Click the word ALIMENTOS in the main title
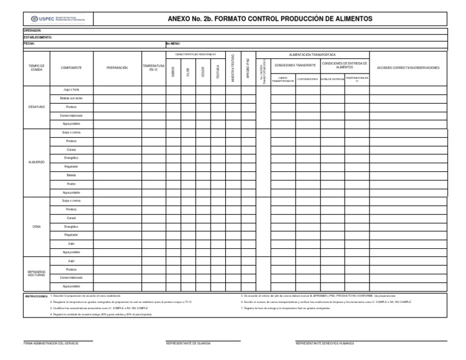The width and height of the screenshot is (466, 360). click(x=349, y=19)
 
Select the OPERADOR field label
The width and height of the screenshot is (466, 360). click(x=32, y=30)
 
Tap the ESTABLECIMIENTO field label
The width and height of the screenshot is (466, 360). click(x=38, y=37)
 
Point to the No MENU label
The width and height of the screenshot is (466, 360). click(x=173, y=44)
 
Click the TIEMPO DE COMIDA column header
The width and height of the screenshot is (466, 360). click(x=36, y=68)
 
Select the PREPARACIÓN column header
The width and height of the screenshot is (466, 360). click(x=117, y=68)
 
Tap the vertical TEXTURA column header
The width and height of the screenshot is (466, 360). click(x=218, y=72)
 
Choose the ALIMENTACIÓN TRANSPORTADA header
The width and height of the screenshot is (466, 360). click(x=312, y=55)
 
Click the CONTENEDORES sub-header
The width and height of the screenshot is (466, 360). click(x=308, y=79)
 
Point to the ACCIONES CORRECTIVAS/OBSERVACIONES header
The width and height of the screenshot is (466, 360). click(x=408, y=68)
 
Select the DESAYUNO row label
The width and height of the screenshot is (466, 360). click(x=36, y=107)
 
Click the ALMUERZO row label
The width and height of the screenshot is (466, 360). click(x=36, y=162)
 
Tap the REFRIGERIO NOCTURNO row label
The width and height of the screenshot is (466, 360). click(x=36, y=274)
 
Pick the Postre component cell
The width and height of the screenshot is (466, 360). click(x=72, y=184)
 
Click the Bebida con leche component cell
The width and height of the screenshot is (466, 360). click(x=72, y=98)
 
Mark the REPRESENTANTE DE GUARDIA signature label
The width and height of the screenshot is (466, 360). click(x=188, y=344)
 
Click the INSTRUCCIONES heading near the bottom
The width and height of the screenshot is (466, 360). click(x=36, y=296)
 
